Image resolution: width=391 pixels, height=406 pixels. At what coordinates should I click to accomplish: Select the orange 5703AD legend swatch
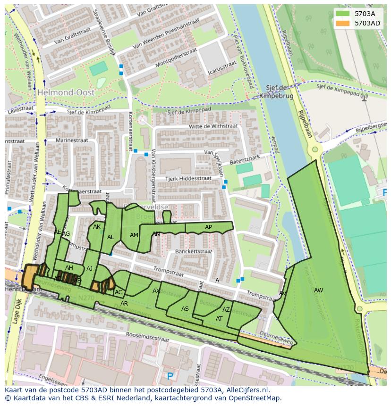(x=343, y=23)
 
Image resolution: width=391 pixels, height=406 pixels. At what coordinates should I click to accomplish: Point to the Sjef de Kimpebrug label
(x=276, y=91)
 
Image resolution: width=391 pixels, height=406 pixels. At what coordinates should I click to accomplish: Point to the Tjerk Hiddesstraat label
(x=188, y=178)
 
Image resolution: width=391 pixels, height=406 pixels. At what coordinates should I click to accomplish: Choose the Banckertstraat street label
(x=193, y=252)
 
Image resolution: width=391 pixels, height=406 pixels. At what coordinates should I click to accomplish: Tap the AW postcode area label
(x=319, y=290)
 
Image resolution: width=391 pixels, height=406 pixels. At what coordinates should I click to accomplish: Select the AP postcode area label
(x=208, y=227)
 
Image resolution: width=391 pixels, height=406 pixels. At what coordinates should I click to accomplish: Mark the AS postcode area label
(x=185, y=309)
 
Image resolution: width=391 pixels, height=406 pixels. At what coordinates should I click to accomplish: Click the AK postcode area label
(x=97, y=227)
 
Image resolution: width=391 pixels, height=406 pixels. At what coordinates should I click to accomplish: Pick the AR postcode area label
(x=124, y=304)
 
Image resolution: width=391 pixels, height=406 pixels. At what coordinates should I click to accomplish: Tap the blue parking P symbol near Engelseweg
(x=170, y=376)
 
